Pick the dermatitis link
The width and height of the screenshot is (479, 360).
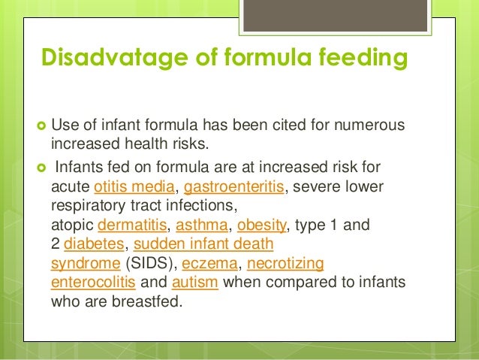129,225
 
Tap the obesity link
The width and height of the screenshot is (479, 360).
257,225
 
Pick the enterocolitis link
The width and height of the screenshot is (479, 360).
92,283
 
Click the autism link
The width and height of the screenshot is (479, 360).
194,283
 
